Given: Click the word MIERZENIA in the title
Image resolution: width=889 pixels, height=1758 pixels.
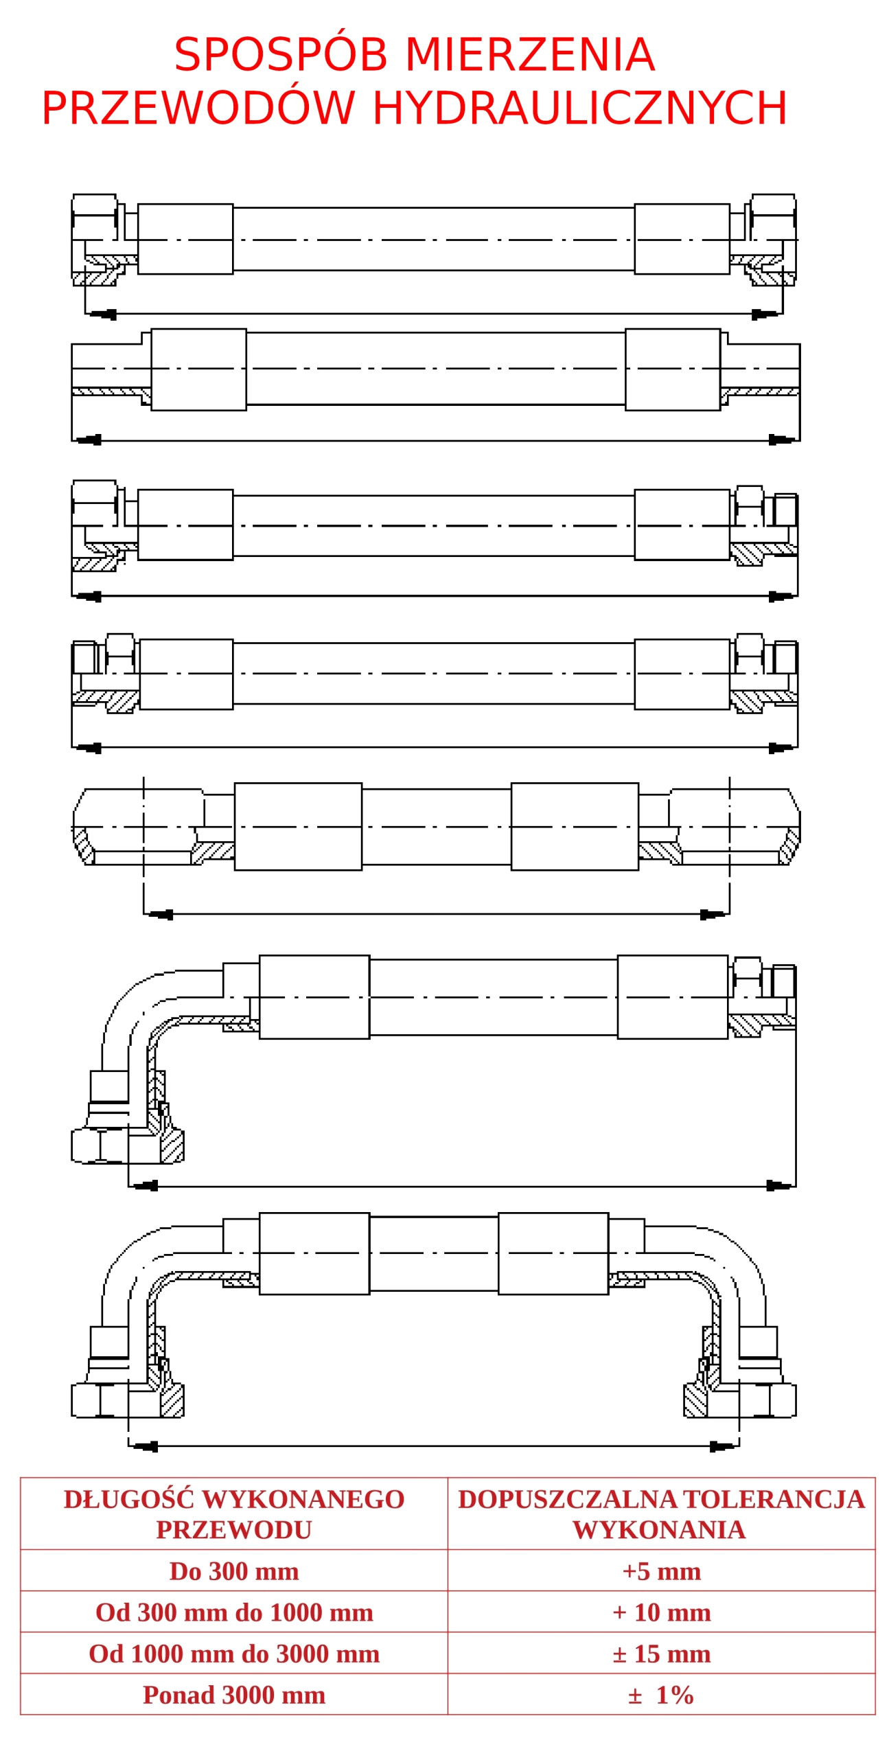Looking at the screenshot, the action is tap(529, 54).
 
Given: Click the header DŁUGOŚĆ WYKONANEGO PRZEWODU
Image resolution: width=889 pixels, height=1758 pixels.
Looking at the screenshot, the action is tap(233, 1514).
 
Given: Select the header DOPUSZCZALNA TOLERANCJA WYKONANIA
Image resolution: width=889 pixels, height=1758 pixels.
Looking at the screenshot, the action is tap(660, 1514).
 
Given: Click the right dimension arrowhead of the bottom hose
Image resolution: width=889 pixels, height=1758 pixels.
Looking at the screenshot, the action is tap(724, 1446).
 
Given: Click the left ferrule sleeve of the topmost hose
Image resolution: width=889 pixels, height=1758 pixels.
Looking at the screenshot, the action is tap(185, 238).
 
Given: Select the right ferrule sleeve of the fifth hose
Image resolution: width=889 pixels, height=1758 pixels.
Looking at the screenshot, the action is tap(575, 825).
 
